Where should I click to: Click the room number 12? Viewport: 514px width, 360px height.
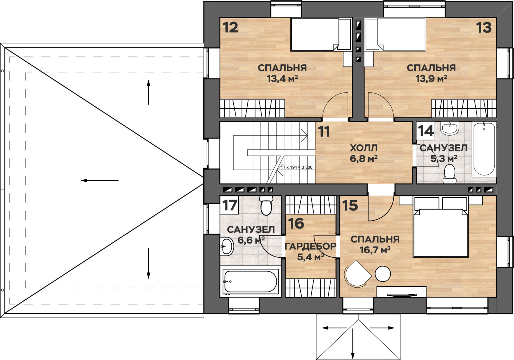pyautogui.click(x=230, y=27)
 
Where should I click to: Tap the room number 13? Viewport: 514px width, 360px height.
pyautogui.click(x=484, y=27)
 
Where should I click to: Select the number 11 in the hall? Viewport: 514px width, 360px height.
pyautogui.click(x=324, y=131)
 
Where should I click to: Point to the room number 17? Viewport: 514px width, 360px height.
pyautogui.click(x=230, y=205)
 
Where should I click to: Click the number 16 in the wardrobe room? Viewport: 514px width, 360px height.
pyautogui.click(x=296, y=223)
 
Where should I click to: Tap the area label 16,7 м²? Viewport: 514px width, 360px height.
pyautogui.click(x=375, y=250)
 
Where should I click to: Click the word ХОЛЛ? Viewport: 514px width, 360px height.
pyautogui.click(x=364, y=148)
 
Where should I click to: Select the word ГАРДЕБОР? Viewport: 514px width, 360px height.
pyautogui.click(x=310, y=246)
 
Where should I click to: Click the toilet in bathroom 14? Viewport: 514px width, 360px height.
pyautogui.click(x=449, y=173)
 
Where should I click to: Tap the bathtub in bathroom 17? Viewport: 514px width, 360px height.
pyautogui.click(x=250, y=282)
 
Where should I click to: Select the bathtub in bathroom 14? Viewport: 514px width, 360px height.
pyautogui.click(x=484, y=149)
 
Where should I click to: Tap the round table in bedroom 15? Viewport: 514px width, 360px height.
pyautogui.click(x=383, y=274)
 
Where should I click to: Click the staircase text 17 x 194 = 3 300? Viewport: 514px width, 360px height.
pyautogui.click(x=297, y=167)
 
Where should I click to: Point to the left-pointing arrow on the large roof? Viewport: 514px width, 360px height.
pyautogui.click(x=100, y=180)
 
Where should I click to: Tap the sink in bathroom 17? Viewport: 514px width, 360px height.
pyautogui.click(x=226, y=246)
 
